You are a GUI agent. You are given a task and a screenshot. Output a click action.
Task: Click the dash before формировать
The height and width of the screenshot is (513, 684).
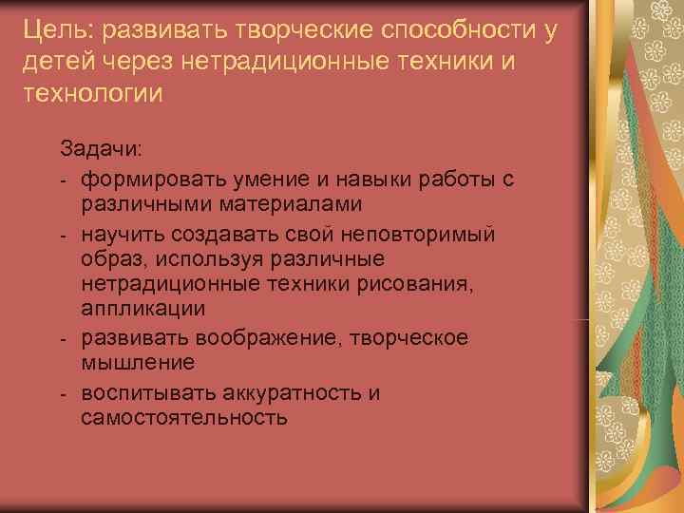click(x=63, y=179)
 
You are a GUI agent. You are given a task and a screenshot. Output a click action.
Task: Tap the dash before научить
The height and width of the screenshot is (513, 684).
click(x=63, y=234)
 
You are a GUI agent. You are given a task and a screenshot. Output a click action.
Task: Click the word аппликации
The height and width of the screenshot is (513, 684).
click(x=141, y=310)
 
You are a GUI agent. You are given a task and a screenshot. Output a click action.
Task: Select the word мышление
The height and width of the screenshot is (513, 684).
click(x=139, y=362)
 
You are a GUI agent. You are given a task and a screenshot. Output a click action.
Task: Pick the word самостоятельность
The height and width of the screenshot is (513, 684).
click(x=183, y=417)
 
